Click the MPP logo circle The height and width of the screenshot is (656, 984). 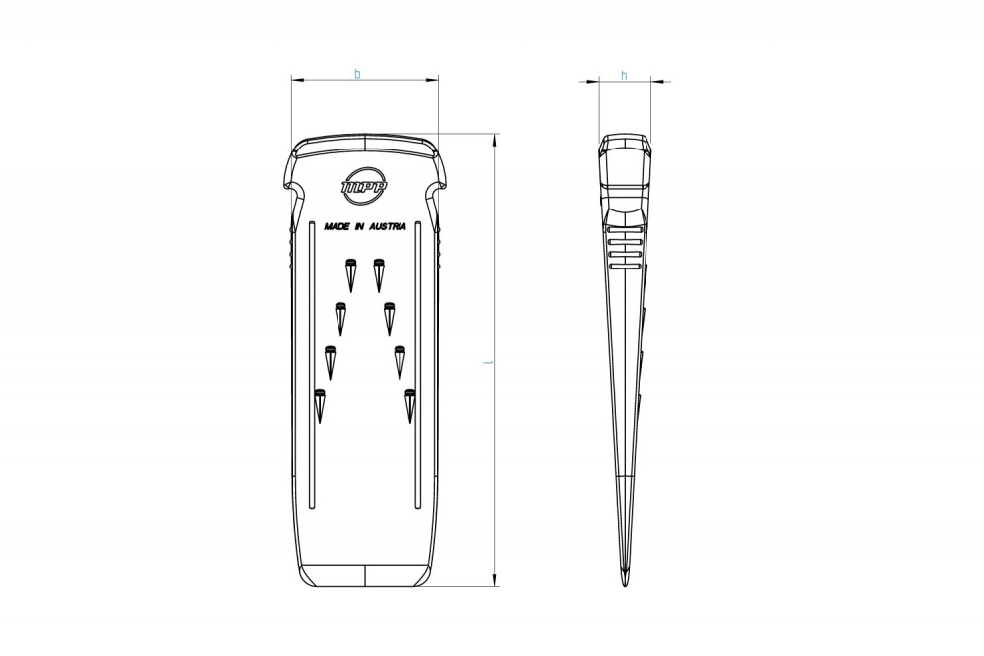point(365,167)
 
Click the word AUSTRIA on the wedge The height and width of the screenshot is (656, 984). point(388,226)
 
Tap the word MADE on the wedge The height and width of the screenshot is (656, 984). point(337,226)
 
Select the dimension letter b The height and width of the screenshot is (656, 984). point(358,74)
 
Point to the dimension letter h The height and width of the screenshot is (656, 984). point(624,76)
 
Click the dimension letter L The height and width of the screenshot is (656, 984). point(488,362)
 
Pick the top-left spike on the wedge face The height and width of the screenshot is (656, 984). point(351,274)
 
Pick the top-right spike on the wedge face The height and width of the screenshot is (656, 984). point(378,274)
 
